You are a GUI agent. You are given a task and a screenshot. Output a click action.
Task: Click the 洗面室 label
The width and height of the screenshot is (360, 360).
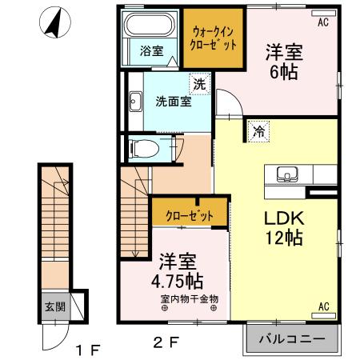point(172,102)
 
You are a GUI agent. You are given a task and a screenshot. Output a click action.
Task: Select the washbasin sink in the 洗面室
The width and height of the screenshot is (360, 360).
point(134,102)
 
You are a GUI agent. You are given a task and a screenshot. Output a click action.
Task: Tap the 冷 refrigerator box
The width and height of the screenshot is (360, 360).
point(258,132)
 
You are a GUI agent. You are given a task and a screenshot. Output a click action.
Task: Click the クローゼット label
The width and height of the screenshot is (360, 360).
point(190,215)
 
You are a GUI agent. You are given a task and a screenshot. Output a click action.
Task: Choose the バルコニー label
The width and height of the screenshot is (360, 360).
point(292,339)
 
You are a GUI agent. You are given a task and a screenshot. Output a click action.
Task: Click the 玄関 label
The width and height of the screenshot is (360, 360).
point(51,306)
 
